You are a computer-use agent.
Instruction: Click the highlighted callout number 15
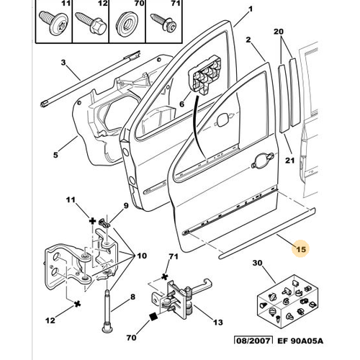301,249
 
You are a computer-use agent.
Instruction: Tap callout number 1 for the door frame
251,9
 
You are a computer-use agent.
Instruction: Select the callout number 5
55,155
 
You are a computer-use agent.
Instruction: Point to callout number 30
257,263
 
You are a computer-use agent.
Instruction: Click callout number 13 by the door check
218,322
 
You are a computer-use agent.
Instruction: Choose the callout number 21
289,160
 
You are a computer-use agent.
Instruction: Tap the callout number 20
279,32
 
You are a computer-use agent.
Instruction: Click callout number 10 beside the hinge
142,256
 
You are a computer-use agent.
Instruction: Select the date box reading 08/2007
253,341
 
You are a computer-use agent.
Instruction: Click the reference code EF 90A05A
300,341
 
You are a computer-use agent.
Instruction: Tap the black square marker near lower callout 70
153,317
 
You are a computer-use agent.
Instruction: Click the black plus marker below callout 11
92,221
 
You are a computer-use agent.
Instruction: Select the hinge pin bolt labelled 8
107,311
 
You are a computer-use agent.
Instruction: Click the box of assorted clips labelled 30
288,302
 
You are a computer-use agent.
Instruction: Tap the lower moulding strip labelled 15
267,234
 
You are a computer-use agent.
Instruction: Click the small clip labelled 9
104,222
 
